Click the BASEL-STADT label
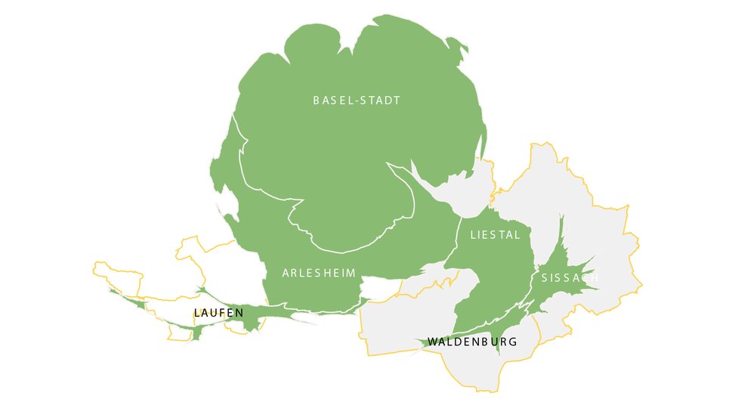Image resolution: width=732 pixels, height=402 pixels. point(357,100)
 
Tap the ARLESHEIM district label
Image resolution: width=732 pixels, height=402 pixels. point(319,273)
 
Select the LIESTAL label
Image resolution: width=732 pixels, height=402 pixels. point(496,235)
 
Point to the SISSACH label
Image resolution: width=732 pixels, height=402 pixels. point(570,278)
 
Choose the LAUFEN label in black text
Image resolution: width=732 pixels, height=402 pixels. point(218,313)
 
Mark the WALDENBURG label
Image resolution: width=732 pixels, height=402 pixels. point(472,342)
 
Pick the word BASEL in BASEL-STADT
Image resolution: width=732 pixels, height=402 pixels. point(332,100)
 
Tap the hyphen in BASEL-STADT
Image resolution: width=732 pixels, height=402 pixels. point(356,100)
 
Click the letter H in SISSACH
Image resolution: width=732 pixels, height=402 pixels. point(595,278)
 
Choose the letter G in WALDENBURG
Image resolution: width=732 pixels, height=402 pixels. point(513,342)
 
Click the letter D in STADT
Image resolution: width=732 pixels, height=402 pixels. point(387,100)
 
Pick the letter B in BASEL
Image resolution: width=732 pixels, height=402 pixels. point(317,100)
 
